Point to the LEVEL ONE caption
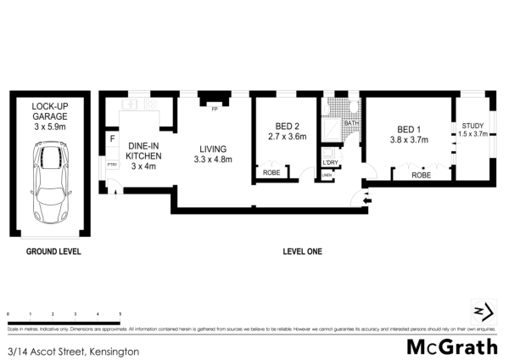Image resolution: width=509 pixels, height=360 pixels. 303,251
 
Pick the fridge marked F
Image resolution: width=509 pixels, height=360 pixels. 112,138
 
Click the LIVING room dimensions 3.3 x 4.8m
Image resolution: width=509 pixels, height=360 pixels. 213,160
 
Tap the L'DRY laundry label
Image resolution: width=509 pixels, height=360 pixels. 330,162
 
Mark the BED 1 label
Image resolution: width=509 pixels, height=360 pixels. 409,129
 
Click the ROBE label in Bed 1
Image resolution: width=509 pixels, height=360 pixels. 422,175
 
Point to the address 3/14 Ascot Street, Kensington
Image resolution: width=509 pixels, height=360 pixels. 72,350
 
